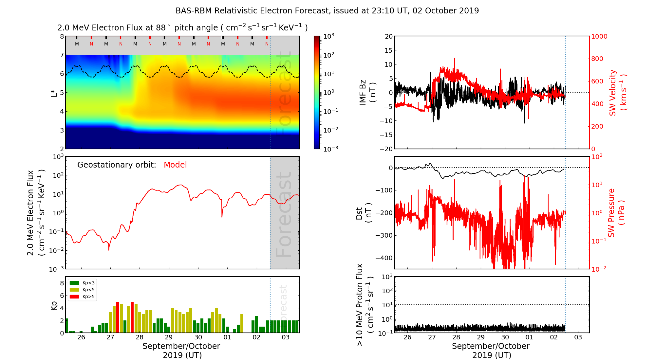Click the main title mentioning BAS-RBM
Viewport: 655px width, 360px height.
coord(327,11)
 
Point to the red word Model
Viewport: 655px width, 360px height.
coord(175,165)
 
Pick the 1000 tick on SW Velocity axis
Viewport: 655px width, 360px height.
coord(599,36)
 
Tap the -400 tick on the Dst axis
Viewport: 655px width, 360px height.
coord(384,258)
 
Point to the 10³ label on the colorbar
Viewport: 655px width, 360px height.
coord(329,36)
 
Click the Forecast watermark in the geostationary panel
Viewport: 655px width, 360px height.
coord(284,214)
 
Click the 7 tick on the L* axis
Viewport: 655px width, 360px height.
coord(62,55)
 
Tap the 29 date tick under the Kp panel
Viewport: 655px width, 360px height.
coord(169,337)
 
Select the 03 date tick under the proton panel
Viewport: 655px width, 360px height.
coord(578,337)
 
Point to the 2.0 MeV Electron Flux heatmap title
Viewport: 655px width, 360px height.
coord(182,28)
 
